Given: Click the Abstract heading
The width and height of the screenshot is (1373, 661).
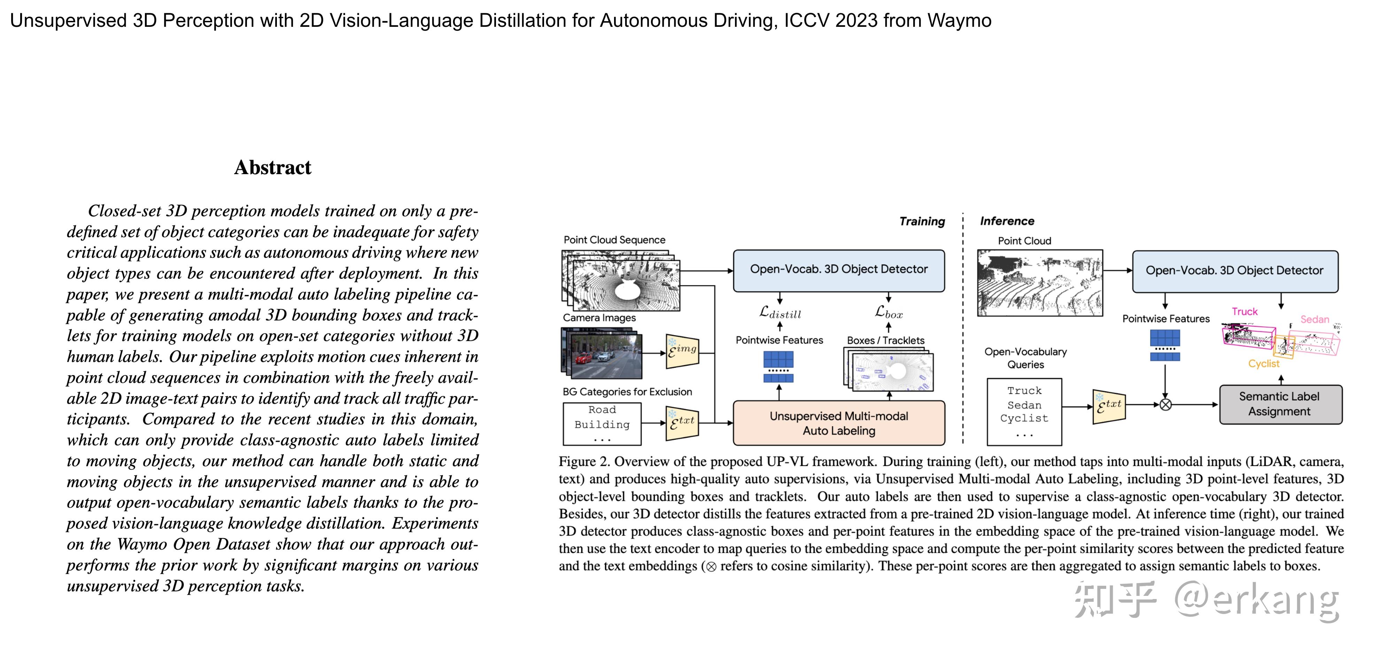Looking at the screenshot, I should pos(272,168).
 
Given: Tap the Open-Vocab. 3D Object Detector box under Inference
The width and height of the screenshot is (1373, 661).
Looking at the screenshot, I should pos(1234,271).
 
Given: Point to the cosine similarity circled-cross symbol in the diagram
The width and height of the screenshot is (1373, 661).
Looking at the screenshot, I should pos(1166,405).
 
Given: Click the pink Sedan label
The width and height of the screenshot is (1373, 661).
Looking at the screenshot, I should pos(1314,319).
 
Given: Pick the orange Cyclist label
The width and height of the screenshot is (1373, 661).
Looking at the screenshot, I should pos(1263,364).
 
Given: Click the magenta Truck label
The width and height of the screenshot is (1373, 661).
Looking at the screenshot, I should pos(1244,312).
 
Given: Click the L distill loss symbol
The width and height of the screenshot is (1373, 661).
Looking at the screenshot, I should pos(780,312).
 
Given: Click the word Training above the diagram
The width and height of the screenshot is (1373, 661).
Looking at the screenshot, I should pos(922,221).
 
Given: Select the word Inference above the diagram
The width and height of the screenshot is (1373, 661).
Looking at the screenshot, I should pos(1007,221).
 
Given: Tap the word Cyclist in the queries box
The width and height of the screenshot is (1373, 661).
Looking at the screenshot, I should pos(1024,419).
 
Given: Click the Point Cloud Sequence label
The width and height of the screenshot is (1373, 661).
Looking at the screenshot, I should pos(614,240).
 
